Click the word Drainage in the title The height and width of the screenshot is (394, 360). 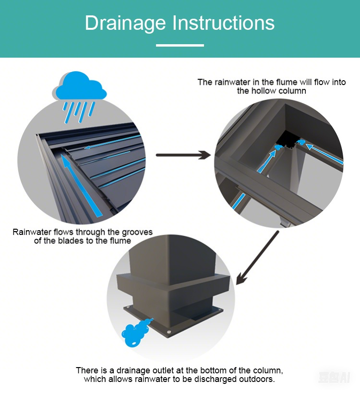coord(125,23)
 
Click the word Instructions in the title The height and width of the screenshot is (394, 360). coord(223,23)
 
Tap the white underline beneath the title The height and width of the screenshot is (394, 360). coord(180,45)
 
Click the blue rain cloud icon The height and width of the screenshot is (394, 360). coord(81,86)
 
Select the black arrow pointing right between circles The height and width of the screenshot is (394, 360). coord(183,155)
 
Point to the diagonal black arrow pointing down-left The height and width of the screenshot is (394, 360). coord(257,258)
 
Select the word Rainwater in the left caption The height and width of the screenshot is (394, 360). coord(32,232)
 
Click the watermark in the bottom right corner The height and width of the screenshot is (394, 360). coord(334,377)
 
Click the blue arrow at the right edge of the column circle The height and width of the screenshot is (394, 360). coord(324,154)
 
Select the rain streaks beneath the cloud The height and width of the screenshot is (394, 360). coord(79,112)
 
